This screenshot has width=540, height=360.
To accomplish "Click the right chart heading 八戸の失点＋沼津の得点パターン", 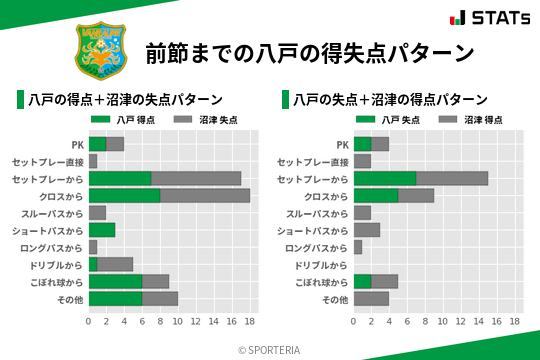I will pos(390,100).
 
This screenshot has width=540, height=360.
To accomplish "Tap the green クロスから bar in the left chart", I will pos(124,195).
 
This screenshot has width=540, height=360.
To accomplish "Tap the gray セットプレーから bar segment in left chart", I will pos(196,178).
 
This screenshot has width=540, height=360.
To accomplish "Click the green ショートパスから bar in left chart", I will pos(102,230).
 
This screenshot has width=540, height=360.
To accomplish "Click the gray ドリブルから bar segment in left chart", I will pos(115,264).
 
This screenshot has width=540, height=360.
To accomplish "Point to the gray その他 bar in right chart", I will pos(371,298).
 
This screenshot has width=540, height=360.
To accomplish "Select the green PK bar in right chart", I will pos(362,144).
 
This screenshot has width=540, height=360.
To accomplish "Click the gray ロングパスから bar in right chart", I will pos(358,247).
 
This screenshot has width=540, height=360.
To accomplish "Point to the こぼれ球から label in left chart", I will pos(55,281).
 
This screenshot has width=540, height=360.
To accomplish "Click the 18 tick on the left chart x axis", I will pos(250,321).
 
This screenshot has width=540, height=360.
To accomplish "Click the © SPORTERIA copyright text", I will pos(269,349).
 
